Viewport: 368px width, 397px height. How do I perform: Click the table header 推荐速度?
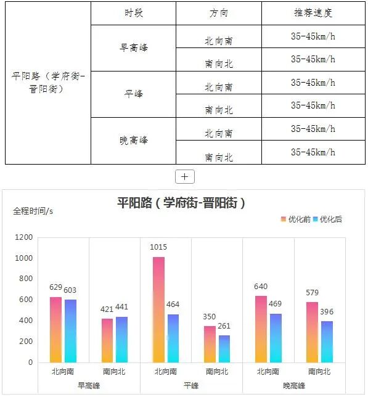(313, 13)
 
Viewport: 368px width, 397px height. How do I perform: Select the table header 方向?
(218, 13)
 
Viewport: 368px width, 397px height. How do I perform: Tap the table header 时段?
(133, 13)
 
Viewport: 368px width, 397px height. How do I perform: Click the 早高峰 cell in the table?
(133, 47)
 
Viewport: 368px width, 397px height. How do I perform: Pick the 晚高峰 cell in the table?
(133, 140)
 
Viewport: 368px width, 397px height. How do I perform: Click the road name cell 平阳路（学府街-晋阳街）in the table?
(47, 82)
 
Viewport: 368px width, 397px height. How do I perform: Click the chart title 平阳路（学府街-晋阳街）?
(181, 203)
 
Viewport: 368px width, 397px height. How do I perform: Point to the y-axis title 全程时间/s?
(33, 211)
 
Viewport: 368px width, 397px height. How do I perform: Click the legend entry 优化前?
(296, 219)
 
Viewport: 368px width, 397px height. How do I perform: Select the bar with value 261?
(224, 348)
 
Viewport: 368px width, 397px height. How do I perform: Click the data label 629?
(56, 287)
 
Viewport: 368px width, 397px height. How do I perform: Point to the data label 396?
(326, 312)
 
